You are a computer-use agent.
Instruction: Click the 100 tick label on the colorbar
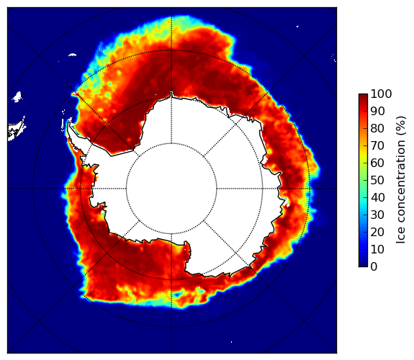382,94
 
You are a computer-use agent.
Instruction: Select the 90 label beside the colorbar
377,111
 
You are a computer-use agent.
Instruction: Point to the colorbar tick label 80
377,128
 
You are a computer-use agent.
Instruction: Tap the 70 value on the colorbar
377,145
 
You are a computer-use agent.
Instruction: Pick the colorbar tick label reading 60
377,163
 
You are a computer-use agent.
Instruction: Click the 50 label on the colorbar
377,181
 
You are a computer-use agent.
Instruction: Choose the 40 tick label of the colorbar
377,197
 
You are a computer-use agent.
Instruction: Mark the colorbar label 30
377,215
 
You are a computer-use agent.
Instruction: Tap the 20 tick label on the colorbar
377,232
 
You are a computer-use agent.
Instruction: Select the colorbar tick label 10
377,250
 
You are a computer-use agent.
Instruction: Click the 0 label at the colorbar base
374,267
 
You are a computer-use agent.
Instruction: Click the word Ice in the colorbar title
400,235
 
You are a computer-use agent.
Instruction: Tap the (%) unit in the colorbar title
400,126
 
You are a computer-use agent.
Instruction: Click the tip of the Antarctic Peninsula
69,122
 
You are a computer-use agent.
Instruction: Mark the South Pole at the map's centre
171,189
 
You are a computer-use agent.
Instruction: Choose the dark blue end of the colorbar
363,265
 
